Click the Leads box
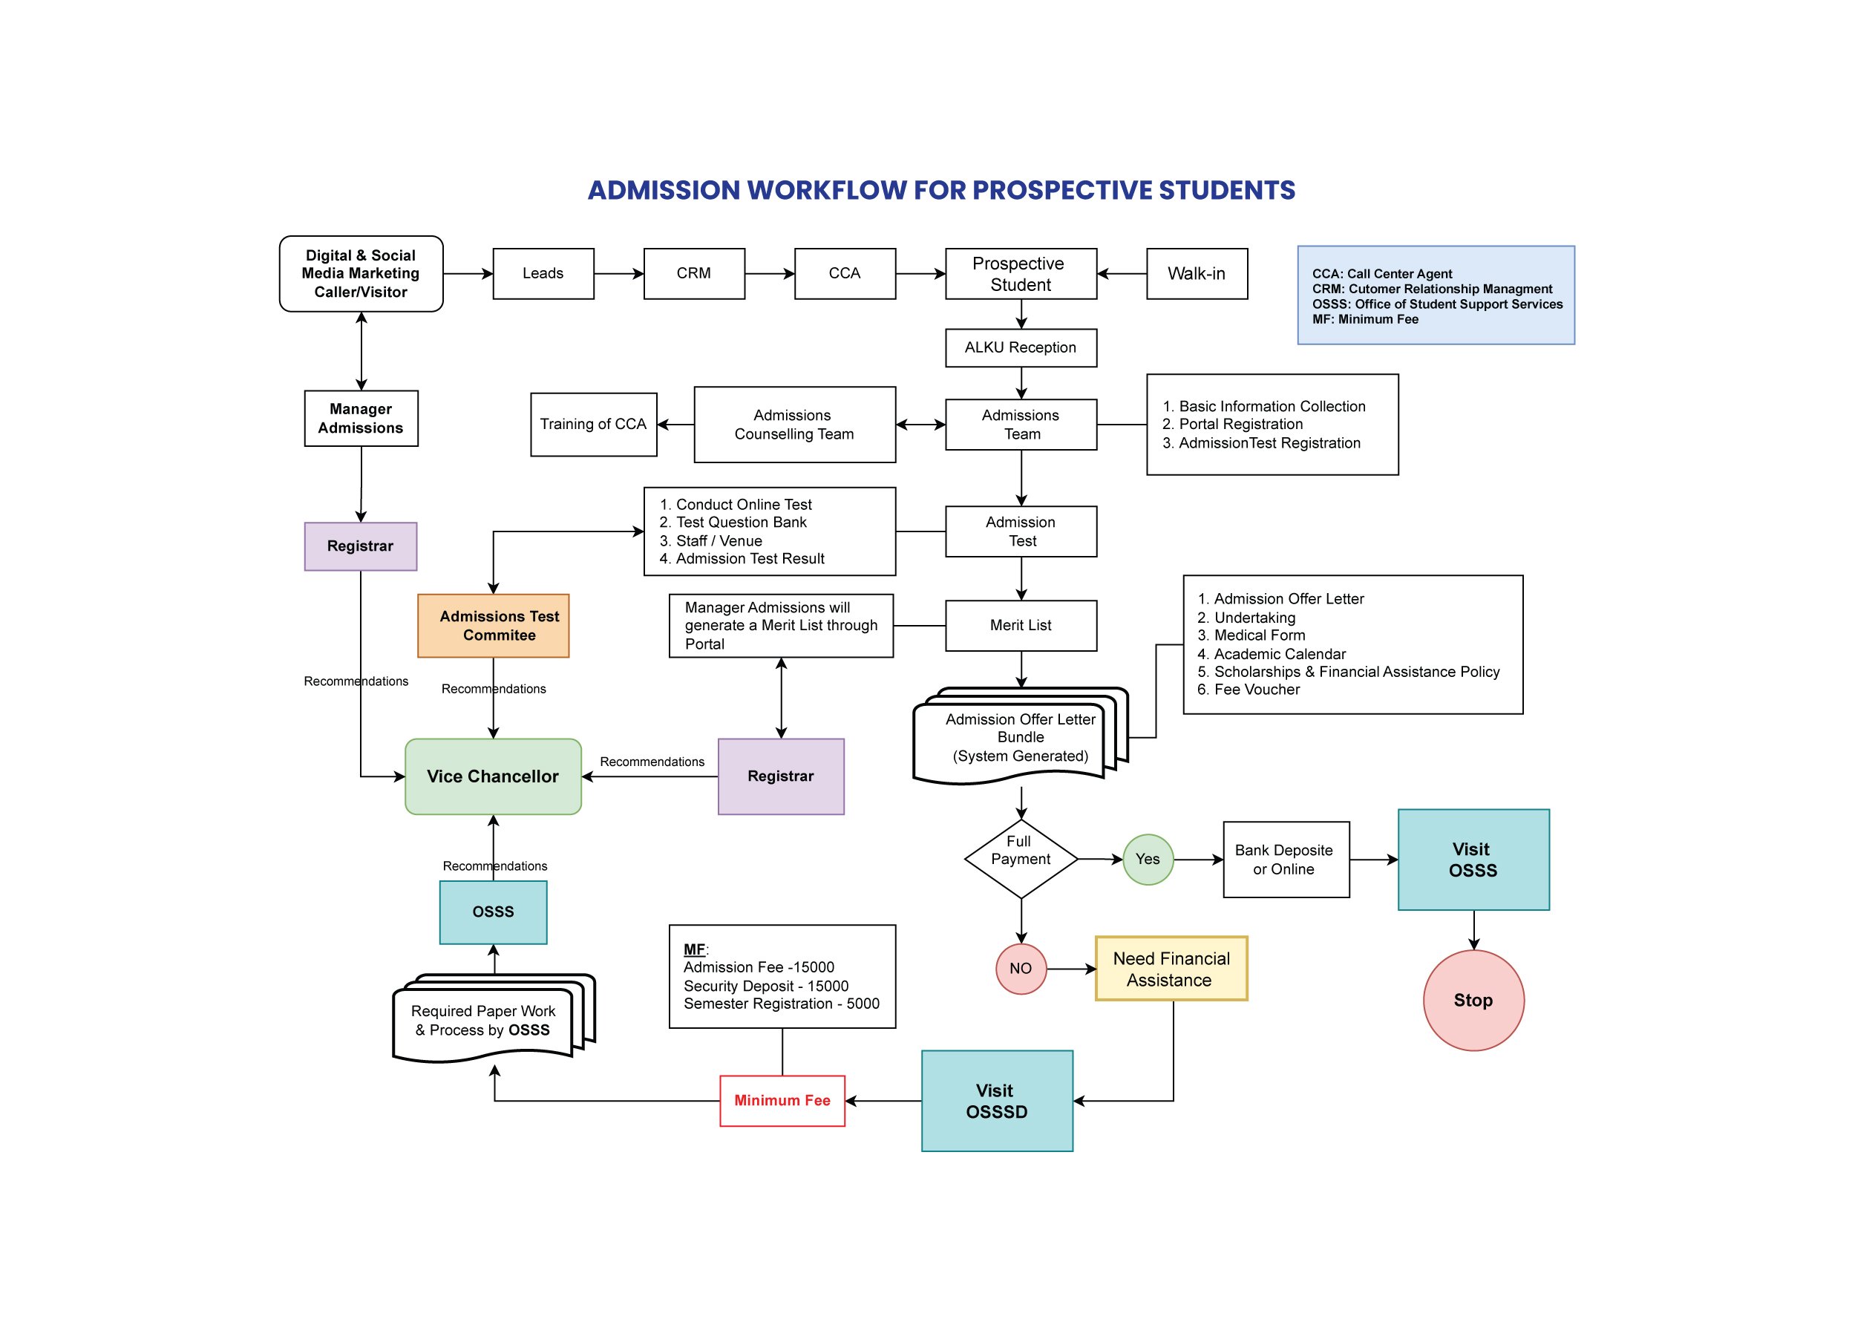pos(543,274)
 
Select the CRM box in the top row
pos(694,274)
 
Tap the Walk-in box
pos(1197,274)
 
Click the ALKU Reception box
pos(1021,348)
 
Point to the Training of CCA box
pos(593,425)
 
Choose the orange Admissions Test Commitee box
pos(494,626)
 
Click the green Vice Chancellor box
pos(494,777)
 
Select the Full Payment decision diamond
pos(1021,860)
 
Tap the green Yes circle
pos(1148,860)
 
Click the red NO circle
pos(1021,969)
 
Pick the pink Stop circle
pos(1473,1001)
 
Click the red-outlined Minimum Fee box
pos(782,1101)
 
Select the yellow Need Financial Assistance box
pos(1171,969)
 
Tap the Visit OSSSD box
pos(996,1101)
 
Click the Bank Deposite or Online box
pos(1286,860)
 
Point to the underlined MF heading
pos(694,949)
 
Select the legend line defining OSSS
pos(1437,304)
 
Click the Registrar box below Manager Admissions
pos(360,546)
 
